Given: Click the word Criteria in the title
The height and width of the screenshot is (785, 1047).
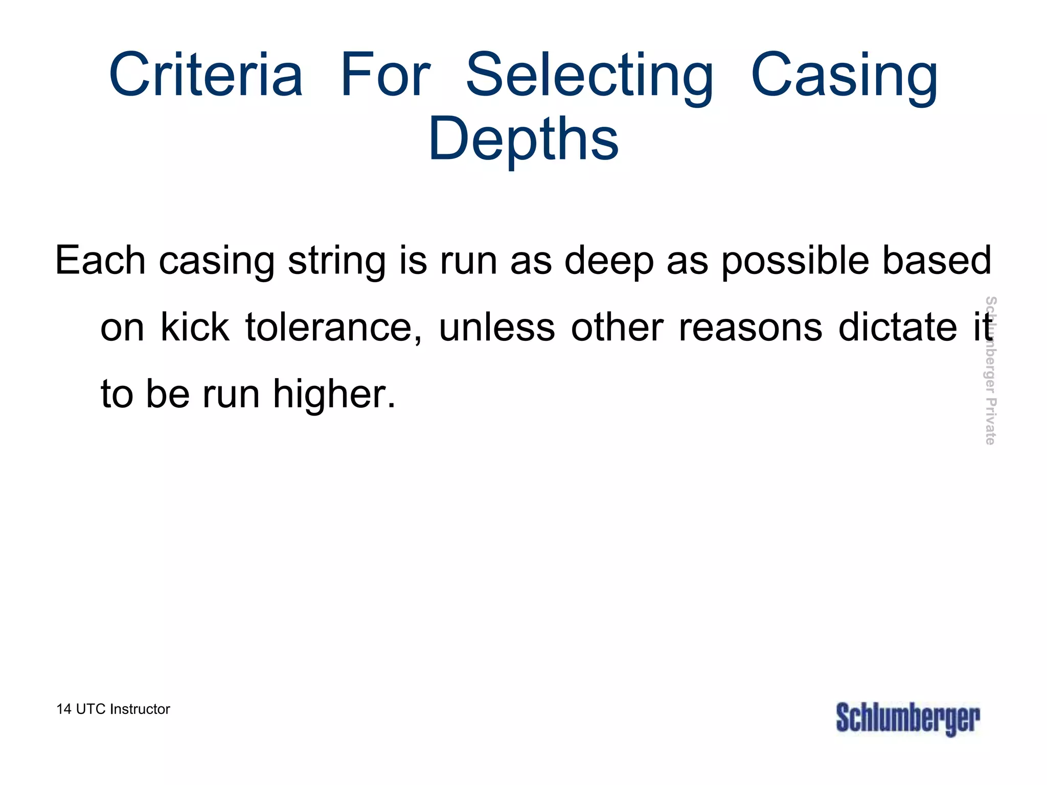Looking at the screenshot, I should [206, 75].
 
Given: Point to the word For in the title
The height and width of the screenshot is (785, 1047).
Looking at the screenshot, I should [385, 75].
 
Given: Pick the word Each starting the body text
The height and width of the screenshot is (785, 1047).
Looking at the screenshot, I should [100, 260].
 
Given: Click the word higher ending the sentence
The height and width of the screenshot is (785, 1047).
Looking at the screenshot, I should [334, 395].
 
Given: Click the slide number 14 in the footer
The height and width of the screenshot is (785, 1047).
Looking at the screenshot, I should [63, 709].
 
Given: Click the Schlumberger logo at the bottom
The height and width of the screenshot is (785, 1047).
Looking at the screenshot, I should [908, 719].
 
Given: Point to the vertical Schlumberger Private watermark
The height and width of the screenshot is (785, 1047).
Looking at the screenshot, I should [990, 370].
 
